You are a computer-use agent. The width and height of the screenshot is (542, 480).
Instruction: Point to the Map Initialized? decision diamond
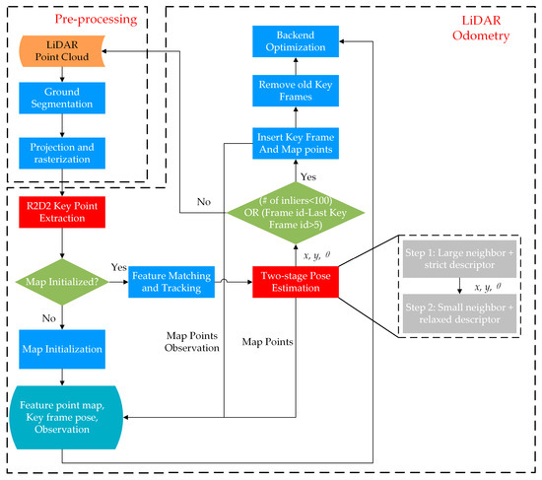pos(61,280)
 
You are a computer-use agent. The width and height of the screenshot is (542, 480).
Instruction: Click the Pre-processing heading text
pos(80,18)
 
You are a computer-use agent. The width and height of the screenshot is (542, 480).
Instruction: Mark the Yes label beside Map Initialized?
pos(117,268)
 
